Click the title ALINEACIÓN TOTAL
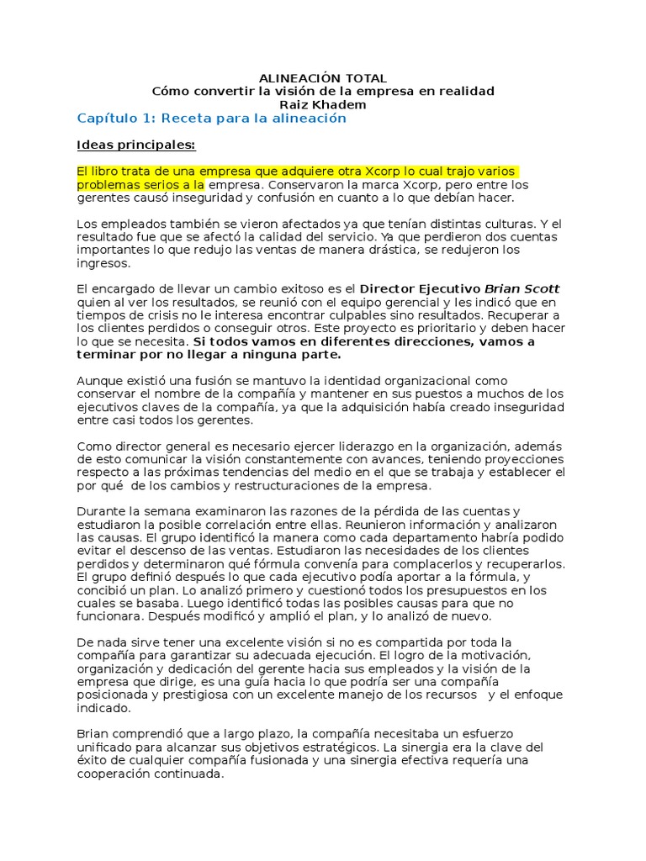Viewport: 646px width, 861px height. (322, 78)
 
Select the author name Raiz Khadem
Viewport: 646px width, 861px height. (322, 104)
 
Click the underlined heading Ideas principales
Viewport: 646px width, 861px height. (135, 145)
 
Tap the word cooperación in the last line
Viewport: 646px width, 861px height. (114, 774)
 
